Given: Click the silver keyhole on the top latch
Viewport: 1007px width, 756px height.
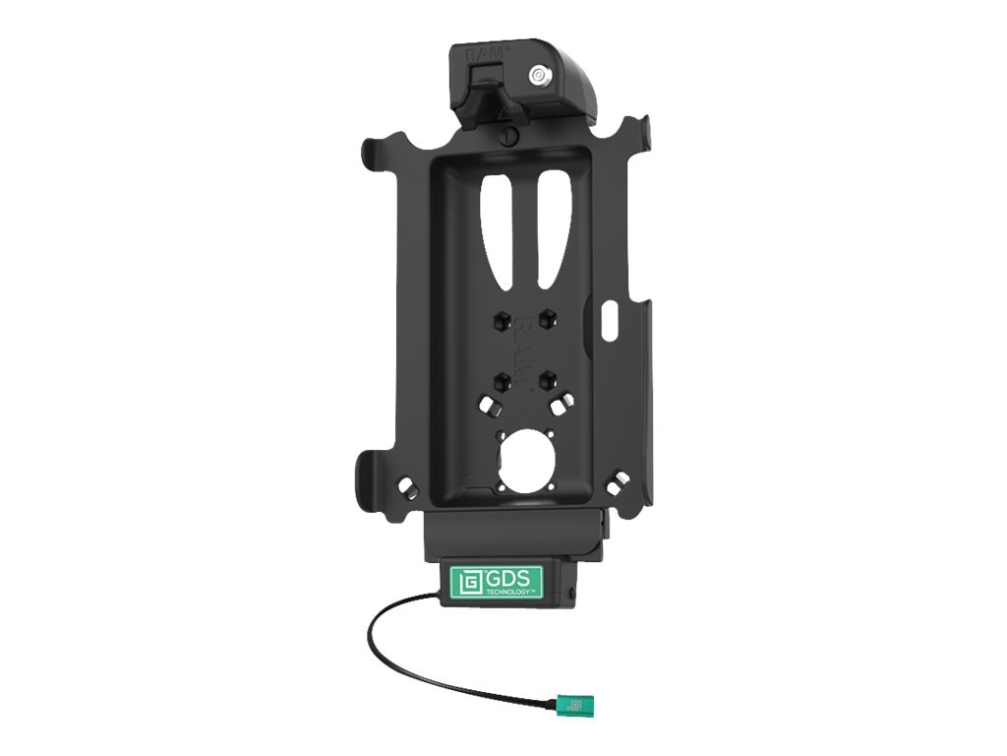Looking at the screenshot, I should pos(537,75).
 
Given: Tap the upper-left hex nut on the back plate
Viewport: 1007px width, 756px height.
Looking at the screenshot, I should pos(501,319).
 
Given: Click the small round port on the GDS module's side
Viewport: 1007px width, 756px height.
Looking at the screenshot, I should pos(568,594).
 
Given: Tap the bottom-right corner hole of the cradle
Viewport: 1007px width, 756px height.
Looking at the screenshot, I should pos(618,481).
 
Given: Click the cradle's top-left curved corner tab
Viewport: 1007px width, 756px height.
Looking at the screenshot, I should pos(375,153).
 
